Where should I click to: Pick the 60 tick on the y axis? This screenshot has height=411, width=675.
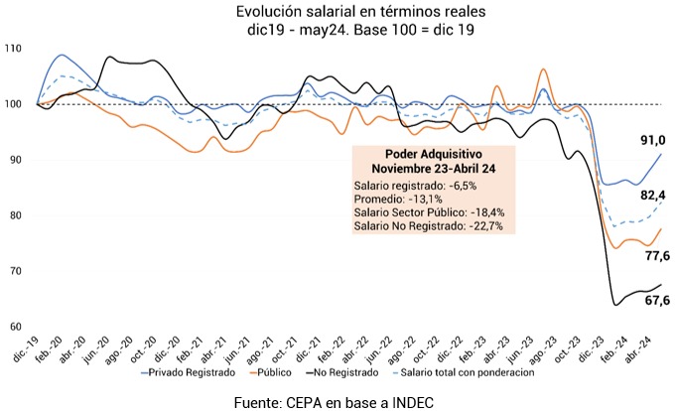tap(16, 327)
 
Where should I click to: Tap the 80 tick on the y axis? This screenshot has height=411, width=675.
tap(16, 215)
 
